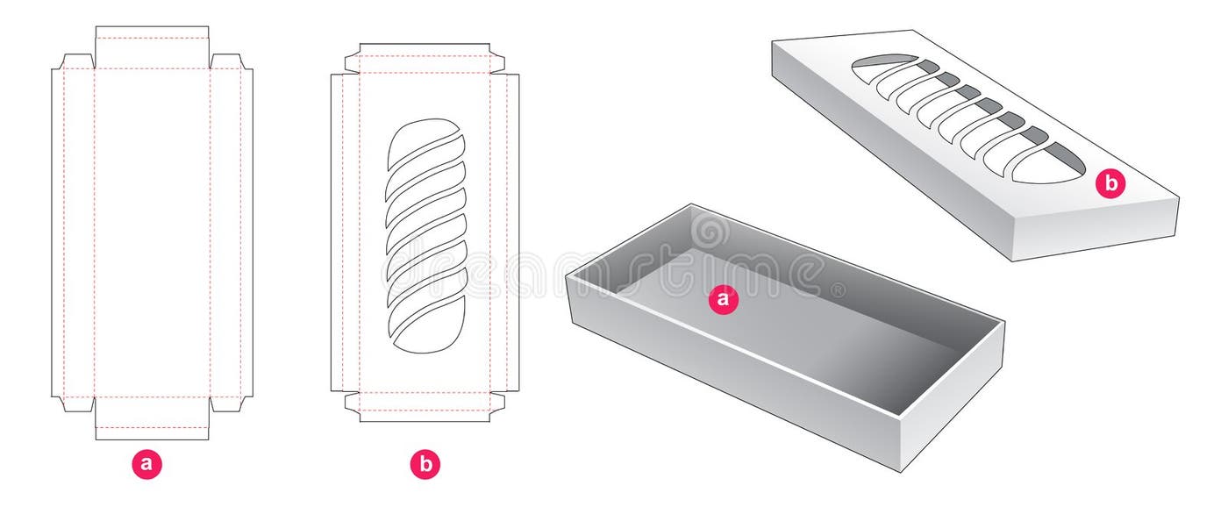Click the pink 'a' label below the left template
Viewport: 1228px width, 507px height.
click(x=146, y=464)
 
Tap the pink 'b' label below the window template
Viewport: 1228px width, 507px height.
click(x=425, y=464)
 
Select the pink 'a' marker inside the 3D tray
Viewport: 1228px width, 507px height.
click(x=723, y=299)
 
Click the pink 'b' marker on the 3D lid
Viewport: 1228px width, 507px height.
click(x=1111, y=183)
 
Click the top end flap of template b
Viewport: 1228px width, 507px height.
click(x=425, y=49)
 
